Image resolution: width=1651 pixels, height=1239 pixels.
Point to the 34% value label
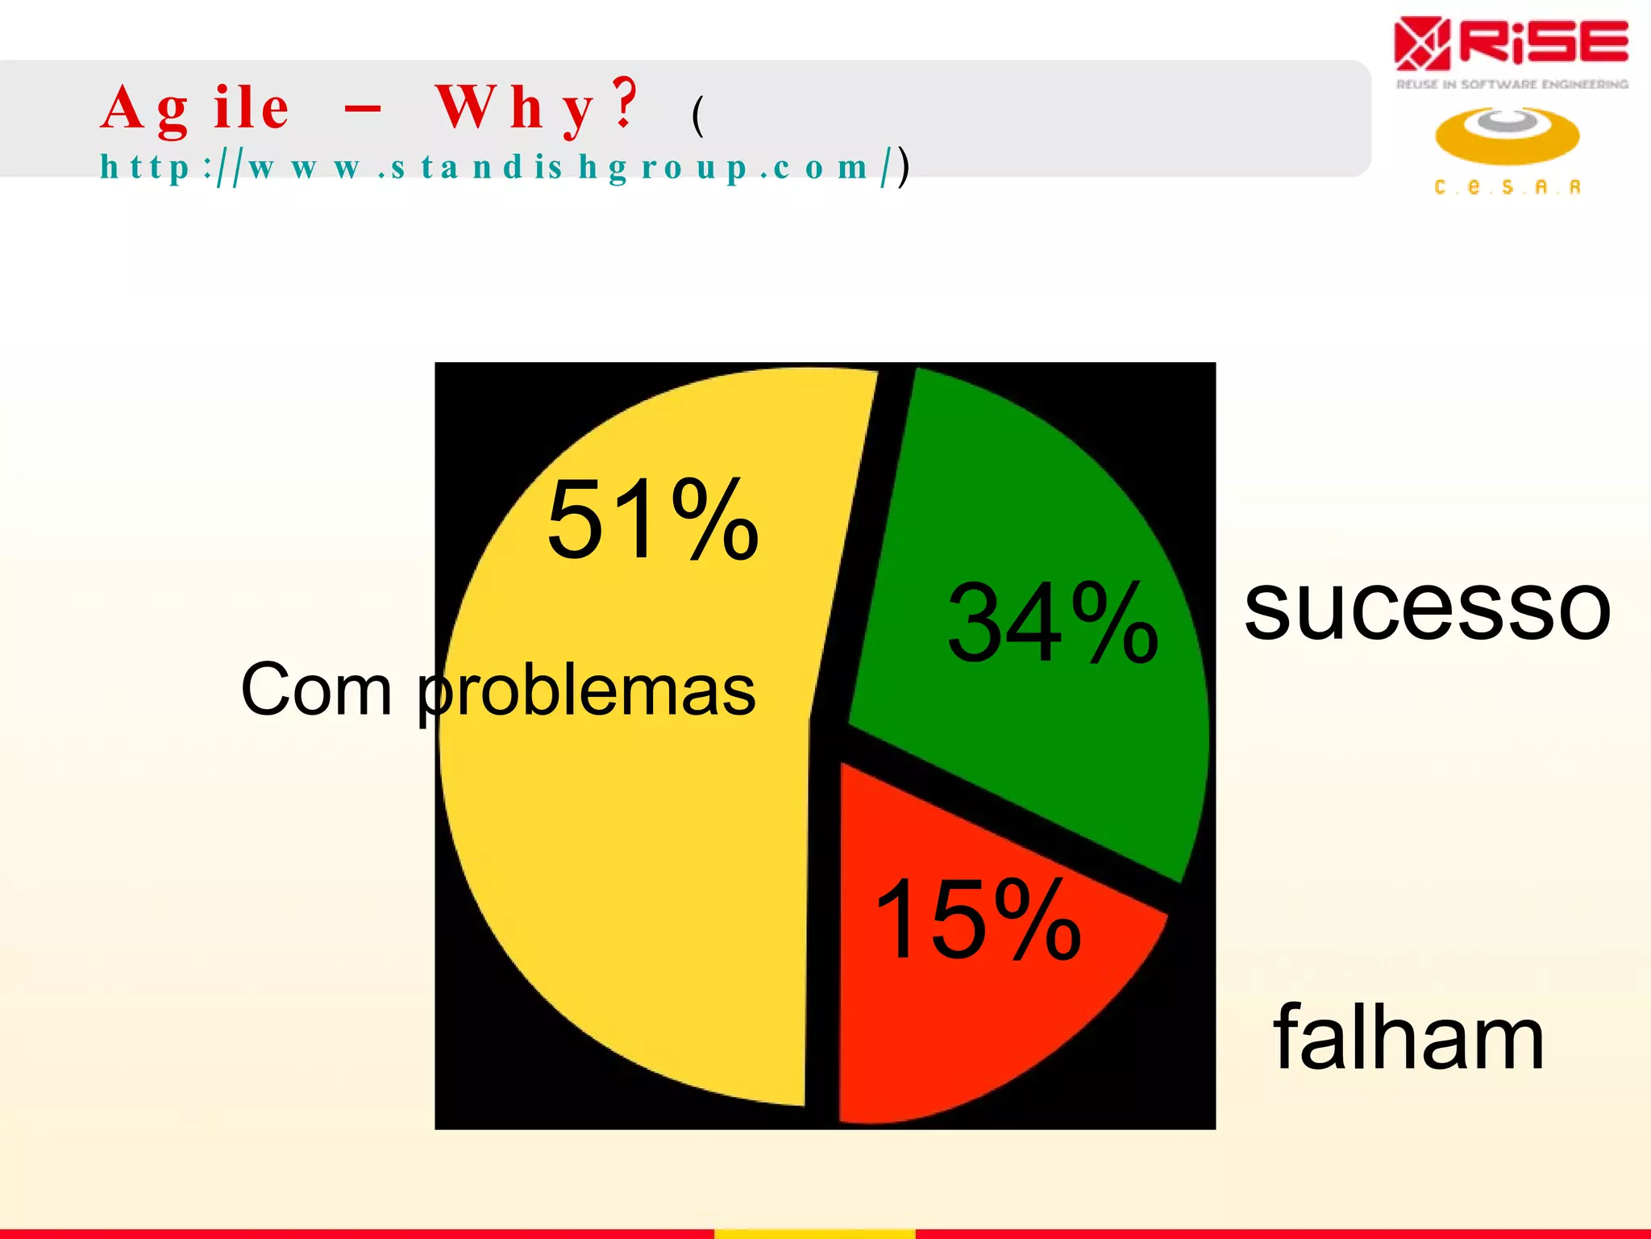tap(1053, 623)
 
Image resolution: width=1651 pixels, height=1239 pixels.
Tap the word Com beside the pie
tap(316, 690)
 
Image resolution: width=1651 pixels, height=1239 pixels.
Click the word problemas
tap(587, 692)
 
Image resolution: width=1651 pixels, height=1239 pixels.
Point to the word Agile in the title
tap(195, 108)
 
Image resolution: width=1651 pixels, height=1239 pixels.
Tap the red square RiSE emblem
tap(1422, 44)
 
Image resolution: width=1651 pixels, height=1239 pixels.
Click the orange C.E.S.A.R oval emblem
tap(1507, 136)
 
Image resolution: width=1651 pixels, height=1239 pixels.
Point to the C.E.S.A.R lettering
tap(1507, 187)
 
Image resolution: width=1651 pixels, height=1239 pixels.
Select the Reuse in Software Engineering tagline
tap(1512, 84)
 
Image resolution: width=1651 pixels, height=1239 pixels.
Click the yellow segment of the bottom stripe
tap(814, 1233)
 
